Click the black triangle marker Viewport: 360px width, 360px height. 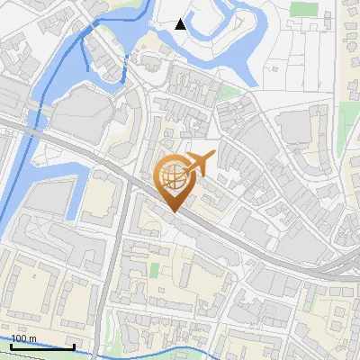coord(181,24)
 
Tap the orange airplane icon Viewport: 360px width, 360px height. coord(199,163)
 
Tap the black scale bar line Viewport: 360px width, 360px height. coord(42,346)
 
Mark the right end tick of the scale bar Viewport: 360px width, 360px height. coord(75,346)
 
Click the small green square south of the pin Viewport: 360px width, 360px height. coord(154,268)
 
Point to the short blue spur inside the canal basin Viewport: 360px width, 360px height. coord(85,58)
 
